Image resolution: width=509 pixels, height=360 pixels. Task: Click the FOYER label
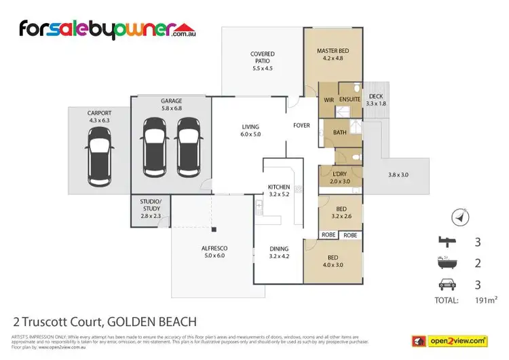(301, 126)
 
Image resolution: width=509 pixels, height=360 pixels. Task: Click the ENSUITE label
(349, 100)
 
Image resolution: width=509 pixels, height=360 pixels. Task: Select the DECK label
(375, 96)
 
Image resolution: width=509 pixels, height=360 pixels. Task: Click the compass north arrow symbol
(460, 217)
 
